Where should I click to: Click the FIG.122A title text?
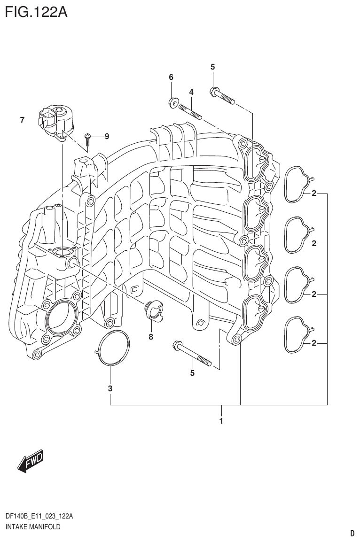point(36,12)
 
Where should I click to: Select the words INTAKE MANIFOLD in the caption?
point(32,527)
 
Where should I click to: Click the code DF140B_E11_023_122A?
point(39,517)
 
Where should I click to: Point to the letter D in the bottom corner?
point(352,533)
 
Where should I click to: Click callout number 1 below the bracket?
point(221,421)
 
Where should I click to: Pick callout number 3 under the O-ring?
point(110,388)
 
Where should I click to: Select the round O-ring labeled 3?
point(113,348)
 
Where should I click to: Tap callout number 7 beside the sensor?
point(22,120)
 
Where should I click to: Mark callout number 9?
point(107,137)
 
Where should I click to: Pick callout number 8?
point(151,336)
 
